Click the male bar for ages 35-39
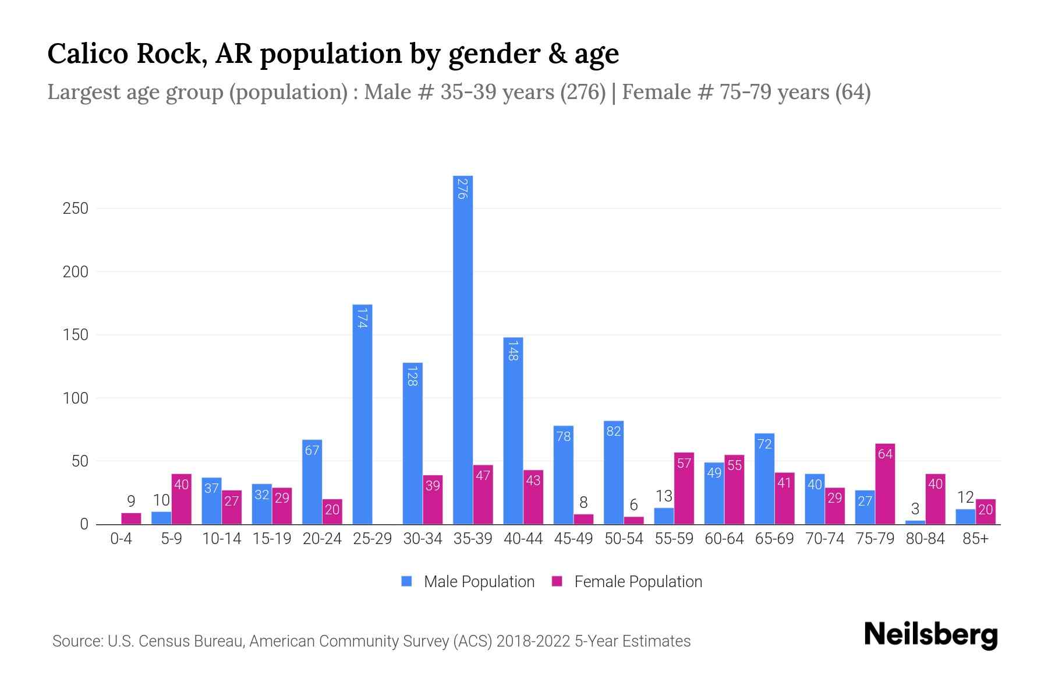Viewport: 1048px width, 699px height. [463, 349]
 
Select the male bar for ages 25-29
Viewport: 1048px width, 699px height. [362, 414]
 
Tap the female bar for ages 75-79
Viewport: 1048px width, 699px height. [885, 483]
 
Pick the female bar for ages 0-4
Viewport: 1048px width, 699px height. [131, 518]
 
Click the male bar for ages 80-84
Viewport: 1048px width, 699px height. [915, 522]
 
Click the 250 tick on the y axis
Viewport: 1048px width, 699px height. [76, 209]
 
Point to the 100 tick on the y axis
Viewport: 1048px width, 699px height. [76, 398]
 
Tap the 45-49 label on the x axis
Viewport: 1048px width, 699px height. [573, 539]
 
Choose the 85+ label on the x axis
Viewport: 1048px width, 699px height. [975, 539]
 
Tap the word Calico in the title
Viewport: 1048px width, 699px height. [87, 54]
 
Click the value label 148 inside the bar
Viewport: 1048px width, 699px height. [512, 351]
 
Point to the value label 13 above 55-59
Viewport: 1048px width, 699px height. [664, 496]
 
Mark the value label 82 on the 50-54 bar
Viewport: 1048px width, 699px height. [614, 431]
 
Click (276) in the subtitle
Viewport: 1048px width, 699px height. [583, 92]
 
